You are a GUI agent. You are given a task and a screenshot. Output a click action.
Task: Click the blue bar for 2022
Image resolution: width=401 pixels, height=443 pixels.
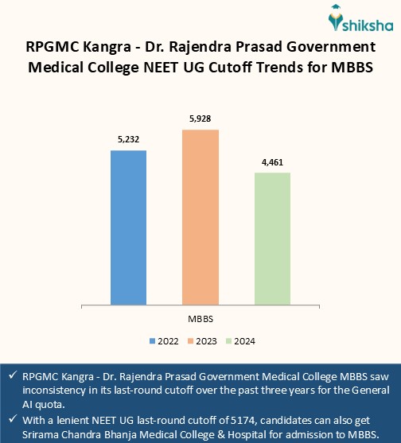pos(128,227)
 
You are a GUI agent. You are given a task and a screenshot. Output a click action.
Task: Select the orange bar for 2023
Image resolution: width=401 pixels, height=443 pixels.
pos(200,216)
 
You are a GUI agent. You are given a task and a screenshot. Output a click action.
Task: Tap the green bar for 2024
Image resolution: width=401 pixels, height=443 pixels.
pos(271,239)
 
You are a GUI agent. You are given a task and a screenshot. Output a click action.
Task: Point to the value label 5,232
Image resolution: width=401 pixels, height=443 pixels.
pos(128,140)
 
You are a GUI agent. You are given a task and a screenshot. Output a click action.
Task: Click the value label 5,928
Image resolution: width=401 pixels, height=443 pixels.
pos(200,119)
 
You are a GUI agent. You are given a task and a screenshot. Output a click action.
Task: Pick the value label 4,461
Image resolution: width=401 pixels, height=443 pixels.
pos(271,162)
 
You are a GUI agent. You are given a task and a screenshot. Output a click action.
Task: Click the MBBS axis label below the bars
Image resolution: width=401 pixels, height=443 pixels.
pos(200,318)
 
